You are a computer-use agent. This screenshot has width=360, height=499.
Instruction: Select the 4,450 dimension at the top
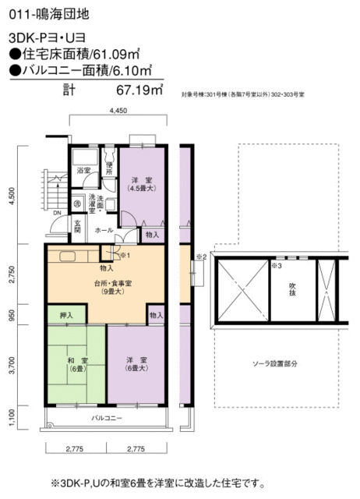coord(118,111)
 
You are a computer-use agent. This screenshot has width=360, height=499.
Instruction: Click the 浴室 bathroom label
coord(83,170)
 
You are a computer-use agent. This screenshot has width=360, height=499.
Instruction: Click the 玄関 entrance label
coord(77,226)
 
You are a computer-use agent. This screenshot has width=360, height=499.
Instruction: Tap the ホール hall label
coord(103,232)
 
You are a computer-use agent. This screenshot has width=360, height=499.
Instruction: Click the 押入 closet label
coord(66,316)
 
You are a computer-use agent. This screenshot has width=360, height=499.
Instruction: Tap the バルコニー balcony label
coord(107,419)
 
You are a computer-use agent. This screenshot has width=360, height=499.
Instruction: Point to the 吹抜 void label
coord(291,290)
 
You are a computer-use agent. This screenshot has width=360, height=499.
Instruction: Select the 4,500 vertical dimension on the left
coord(11,196)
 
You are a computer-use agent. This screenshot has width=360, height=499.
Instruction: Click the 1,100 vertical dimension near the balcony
coord(11,417)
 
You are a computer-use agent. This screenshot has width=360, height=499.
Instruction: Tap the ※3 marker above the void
coord(275,266)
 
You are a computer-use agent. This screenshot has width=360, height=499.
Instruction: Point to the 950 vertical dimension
coord(11,316)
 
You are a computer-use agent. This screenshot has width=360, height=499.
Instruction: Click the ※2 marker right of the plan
coord(199,255)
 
